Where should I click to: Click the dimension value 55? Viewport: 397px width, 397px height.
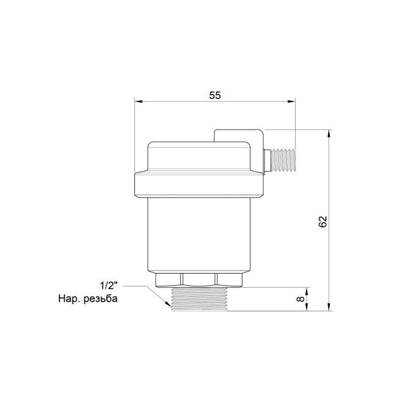tap(215, 95)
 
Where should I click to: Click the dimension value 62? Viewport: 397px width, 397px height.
tap(322, 222)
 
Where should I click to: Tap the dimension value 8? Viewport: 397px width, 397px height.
tap(300, 299)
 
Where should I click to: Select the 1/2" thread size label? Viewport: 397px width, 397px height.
tap(109, 286)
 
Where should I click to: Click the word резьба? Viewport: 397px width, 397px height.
tap(101, 299)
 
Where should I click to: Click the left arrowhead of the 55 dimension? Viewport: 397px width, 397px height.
tap(138, 101)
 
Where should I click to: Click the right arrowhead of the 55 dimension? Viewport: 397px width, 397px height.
tap(291, 101)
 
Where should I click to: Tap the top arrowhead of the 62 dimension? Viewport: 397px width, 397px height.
tap(329, 133)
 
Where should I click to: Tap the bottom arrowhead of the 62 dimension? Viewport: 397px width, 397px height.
tap(329, 307)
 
